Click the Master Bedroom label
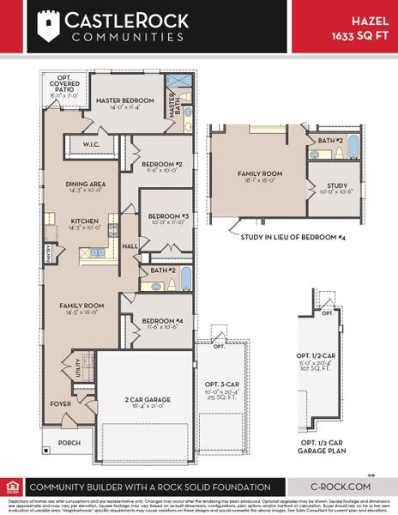click(x=124, y=100)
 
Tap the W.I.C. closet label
click(x=92, y=144)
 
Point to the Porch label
click(x=68, y=443)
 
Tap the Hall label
click(x=130, y=245)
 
